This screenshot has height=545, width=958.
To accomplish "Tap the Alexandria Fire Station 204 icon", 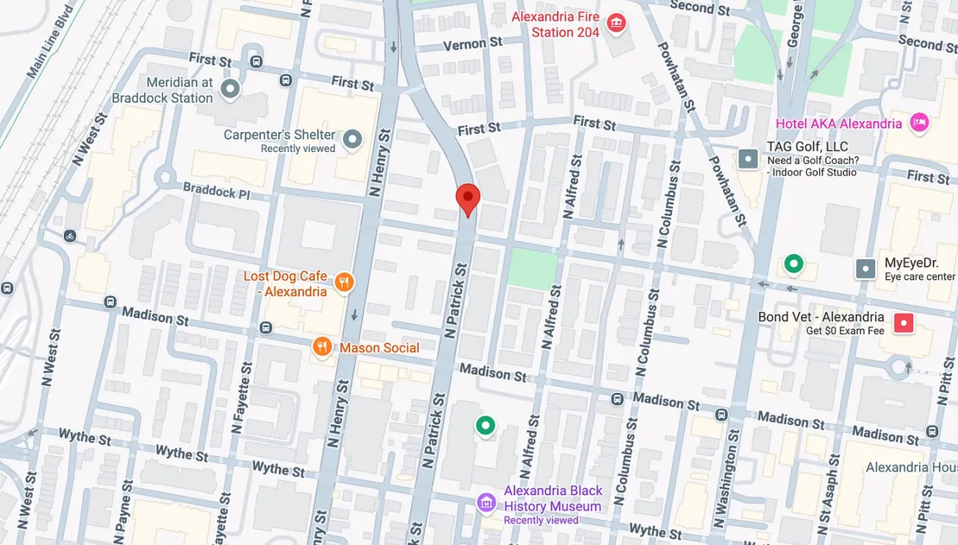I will click(616, 24).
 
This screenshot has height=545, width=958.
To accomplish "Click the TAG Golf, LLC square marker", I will click(748, 159).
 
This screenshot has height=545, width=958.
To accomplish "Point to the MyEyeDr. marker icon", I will click(866, 269).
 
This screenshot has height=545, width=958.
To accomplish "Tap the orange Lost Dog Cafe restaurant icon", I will click(343, 282).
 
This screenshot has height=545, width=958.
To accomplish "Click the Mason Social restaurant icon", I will click(322, 347).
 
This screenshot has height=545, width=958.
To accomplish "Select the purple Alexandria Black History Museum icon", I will click(486, 503).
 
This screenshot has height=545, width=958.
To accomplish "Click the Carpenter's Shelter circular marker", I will click(353, 139).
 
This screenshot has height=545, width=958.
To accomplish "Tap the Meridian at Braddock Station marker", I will click(231, 90).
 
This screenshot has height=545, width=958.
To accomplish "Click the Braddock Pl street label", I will click(217, 192).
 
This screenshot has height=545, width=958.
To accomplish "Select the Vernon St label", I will click(473, 44).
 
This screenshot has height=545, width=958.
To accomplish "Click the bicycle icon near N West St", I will click(70, 236).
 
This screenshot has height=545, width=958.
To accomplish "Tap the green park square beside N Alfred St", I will click(533, 267).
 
